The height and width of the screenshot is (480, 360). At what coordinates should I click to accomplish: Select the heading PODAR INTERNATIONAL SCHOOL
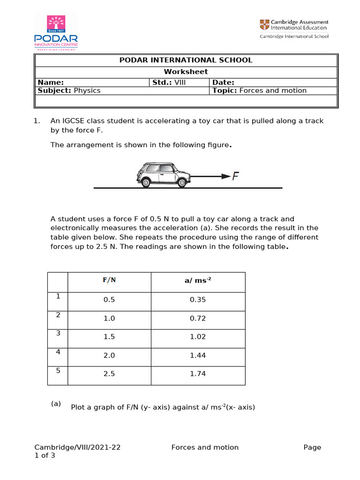(x=186, y=60)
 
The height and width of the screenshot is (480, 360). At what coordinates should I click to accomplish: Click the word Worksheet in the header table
(x=186, y=72)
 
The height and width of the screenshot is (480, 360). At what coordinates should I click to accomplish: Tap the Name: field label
(x=51, y=82)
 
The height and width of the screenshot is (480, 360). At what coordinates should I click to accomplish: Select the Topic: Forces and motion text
(x=259, y=90)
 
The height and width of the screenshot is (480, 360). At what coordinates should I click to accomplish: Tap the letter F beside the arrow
(x=236, y=176)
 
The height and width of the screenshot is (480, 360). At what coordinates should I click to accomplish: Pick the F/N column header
(x=109, y=280)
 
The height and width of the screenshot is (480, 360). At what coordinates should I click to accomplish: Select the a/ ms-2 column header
(x=198, y=280)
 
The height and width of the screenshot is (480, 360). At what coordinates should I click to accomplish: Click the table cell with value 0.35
(x=198, y=300)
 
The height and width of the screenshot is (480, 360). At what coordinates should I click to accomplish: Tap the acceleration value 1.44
(x=198, y=356)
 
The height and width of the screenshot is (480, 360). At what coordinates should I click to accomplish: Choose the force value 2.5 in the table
(x=109, y=374)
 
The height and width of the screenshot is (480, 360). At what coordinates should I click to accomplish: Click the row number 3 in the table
(x=58, y=333)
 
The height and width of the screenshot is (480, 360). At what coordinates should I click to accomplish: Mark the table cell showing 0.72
(x=198, y=319)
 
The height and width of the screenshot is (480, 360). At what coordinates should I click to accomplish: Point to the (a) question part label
(x=56, y=404)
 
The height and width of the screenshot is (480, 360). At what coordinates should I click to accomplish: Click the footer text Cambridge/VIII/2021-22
(x=77, y=447)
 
